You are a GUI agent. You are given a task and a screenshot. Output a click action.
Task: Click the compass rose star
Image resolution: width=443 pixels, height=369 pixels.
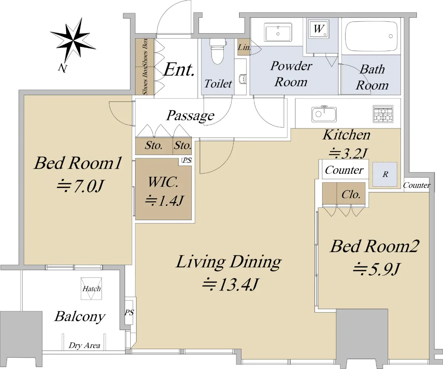73,40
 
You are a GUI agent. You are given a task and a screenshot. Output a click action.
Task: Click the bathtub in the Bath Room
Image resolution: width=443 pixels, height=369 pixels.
371,36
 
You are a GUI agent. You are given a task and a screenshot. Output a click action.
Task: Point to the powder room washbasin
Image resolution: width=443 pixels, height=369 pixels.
278,32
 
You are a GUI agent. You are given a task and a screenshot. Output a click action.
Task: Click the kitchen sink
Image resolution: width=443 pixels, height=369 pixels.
324,114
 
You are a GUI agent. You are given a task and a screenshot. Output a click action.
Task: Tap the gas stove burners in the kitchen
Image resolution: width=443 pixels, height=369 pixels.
383,114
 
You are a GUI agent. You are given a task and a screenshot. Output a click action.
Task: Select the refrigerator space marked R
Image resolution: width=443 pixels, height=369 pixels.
385,174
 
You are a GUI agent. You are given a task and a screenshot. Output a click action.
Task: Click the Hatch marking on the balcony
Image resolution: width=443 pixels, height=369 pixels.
91,289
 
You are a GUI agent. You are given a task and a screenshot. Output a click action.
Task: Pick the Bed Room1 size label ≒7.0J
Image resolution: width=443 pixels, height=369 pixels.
80,186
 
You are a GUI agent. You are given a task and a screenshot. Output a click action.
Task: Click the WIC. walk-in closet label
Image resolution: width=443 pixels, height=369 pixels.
163,182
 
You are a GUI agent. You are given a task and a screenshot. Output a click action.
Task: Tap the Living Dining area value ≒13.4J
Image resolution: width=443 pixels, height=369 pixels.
230,284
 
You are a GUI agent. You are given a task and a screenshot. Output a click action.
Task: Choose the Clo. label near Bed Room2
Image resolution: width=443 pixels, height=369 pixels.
351,194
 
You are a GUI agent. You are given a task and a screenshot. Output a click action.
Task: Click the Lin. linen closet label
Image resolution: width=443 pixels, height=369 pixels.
244,47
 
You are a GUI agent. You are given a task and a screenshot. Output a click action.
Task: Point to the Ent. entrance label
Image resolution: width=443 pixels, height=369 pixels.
179,69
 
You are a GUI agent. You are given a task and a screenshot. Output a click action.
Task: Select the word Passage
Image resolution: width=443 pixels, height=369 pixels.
190,116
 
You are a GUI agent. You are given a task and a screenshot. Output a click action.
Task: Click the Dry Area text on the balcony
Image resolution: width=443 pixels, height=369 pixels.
85,345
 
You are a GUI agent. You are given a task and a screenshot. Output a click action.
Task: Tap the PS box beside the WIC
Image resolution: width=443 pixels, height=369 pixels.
187,160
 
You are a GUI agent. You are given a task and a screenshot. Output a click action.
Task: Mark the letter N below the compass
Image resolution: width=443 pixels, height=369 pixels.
63,68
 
